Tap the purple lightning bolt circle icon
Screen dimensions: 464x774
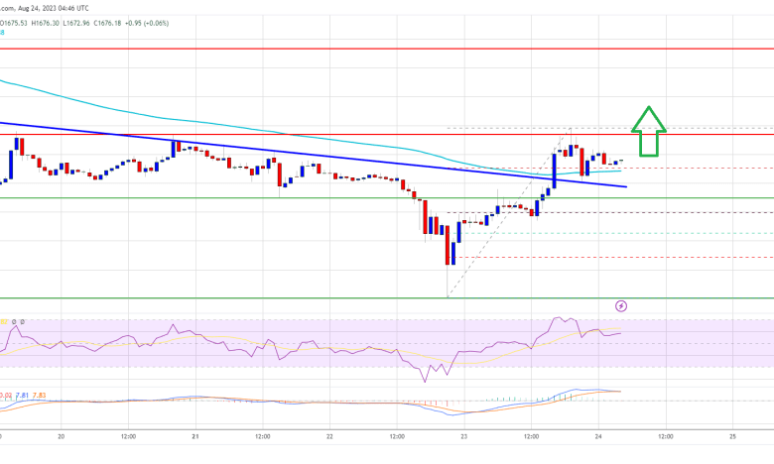622,307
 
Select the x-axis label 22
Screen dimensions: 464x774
328,435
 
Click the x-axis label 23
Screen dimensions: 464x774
462,435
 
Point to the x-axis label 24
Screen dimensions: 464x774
597,435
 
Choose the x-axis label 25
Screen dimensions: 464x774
731,435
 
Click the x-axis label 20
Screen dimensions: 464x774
61,435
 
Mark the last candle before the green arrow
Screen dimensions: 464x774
619,161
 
